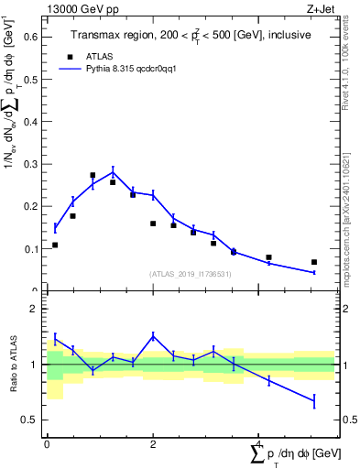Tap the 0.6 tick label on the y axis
pyautogui.click(x=30, y=38)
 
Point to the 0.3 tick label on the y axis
pyautogui.click(x=30, y=164)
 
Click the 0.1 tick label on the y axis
pyautogui.click(x=30, y=248)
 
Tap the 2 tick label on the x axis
pyautogui.click(x=153, y=443)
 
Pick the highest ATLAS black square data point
pyautogui.click(x=93, y=175)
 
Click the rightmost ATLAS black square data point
pyautogui.click(x=314, y=262)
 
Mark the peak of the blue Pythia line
pyautogui.click(x=113, y=171)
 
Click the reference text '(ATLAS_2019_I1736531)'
pyautogui.click(x=189, y=274)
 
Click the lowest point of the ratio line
pyautogui.click(x=314, y=400)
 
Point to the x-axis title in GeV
pyautogui.click(x=293, y=454)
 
